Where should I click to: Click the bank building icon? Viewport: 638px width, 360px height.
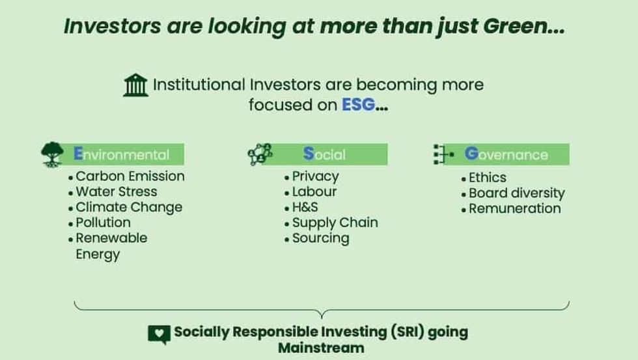[x=135, y=85]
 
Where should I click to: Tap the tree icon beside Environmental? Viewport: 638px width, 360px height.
[x=52, y=154]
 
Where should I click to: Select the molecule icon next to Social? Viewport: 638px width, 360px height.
[x=260, y=154]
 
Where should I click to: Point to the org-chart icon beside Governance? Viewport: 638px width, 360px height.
[x=443, y=154]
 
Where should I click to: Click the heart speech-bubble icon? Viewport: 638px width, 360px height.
[x=159, y=334]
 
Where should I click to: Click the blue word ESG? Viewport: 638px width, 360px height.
[x=359, y=105]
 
